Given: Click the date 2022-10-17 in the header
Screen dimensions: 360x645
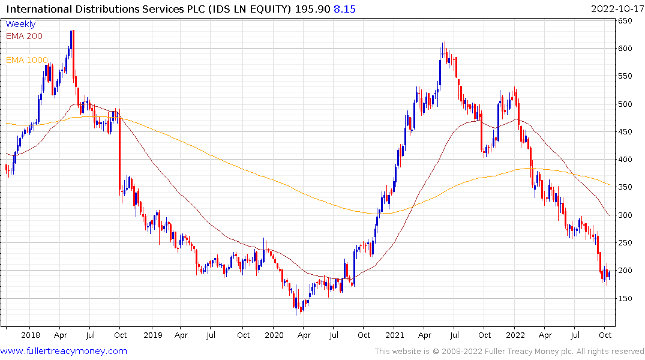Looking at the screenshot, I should pos(616,9).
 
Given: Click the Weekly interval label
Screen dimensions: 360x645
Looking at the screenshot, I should pos(20,25).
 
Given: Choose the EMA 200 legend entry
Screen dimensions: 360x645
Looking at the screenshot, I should pos(24,36).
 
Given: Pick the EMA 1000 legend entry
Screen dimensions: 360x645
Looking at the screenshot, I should pos(26,60).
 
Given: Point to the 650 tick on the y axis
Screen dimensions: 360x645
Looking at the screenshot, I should pos(625,21).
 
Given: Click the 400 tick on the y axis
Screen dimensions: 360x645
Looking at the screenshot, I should pos(625,160).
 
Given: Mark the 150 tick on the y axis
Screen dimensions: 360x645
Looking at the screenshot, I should pos(625,298).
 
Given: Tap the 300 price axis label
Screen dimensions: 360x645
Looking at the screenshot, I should pos(625,215).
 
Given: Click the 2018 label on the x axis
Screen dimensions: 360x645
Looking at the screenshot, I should pos(31,335).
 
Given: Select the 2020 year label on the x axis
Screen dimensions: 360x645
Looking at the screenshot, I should pos(274,335).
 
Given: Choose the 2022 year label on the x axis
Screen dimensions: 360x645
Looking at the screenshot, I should pos(515,335).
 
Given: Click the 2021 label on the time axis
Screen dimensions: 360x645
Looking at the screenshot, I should pos(394,335).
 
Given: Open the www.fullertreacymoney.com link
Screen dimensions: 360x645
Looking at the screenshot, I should pos(64,351).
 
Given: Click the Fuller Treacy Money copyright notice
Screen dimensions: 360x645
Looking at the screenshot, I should pos(509,352).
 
